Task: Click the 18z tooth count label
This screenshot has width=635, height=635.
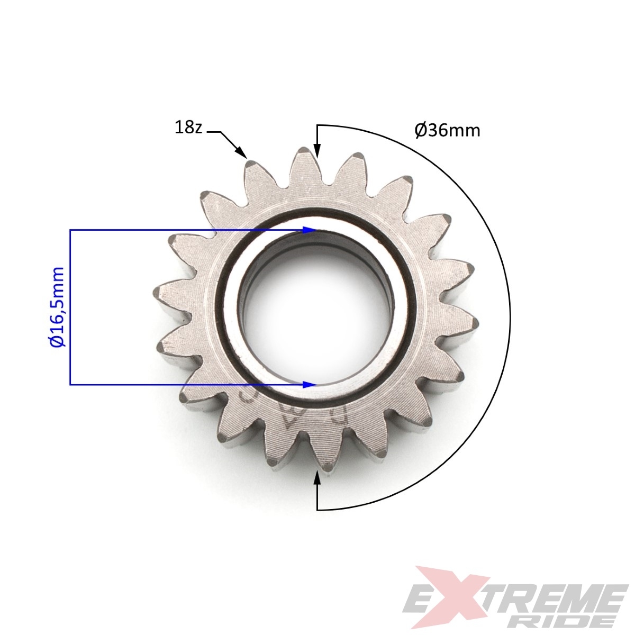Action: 188,128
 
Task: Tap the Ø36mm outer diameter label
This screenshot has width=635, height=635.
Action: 447,131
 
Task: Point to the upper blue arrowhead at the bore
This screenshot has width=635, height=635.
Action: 310,230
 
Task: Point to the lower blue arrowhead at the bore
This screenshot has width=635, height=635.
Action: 310,384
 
